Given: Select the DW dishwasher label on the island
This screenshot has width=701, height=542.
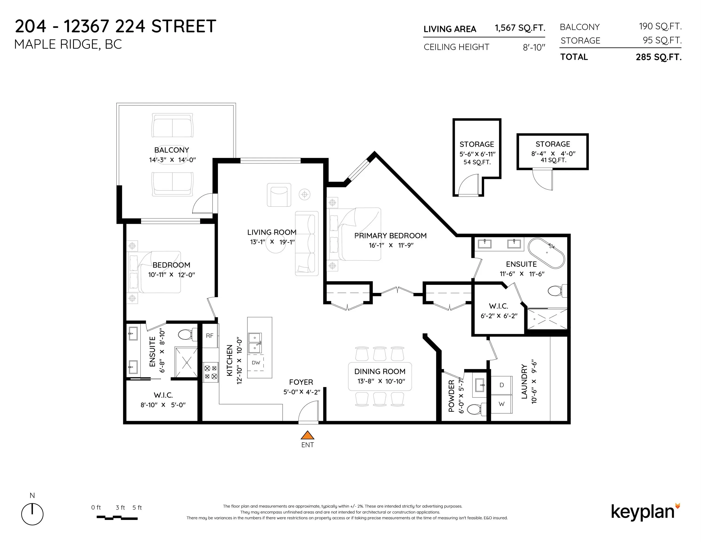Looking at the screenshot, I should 256,363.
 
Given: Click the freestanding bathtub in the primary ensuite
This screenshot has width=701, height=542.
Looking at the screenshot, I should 546,253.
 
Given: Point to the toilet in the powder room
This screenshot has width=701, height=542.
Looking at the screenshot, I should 474,409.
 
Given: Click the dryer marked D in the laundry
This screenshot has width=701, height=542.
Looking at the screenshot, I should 502,385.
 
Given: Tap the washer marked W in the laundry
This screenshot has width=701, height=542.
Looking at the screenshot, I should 502,404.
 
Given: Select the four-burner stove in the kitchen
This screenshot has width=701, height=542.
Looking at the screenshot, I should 210,372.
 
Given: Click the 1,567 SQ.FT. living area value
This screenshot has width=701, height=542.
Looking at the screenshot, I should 520,28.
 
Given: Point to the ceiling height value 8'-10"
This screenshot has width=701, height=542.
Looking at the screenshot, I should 534,48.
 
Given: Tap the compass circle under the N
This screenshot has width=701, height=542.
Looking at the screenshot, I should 32,514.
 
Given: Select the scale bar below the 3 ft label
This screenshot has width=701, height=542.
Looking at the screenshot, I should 117,518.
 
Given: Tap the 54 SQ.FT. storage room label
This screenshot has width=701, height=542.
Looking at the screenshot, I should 477,162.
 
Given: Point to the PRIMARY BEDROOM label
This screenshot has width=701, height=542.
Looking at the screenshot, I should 390,236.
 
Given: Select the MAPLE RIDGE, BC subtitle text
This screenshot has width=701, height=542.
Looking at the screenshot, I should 68,44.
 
